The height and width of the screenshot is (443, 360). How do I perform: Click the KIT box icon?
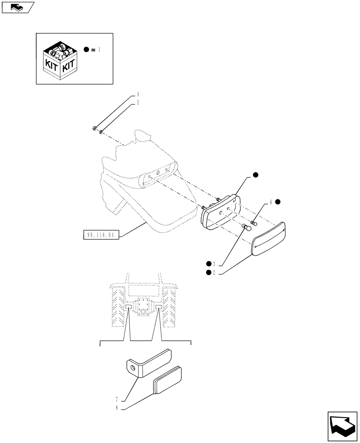click(x=61, y=58)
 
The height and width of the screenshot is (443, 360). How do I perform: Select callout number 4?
click(x=138, y=94)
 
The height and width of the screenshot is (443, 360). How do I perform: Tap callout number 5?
click(x=138, y=102)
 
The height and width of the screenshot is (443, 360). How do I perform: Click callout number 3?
click(x=214, y=264)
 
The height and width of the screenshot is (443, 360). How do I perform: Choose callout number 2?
click(x=214, y=272)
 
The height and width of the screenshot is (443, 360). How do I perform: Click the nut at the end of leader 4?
click(x=95, y=129)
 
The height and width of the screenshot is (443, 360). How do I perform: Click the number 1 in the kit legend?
click(x=99, y=50)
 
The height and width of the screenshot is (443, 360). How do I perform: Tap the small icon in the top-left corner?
click(x=17, y=7)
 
